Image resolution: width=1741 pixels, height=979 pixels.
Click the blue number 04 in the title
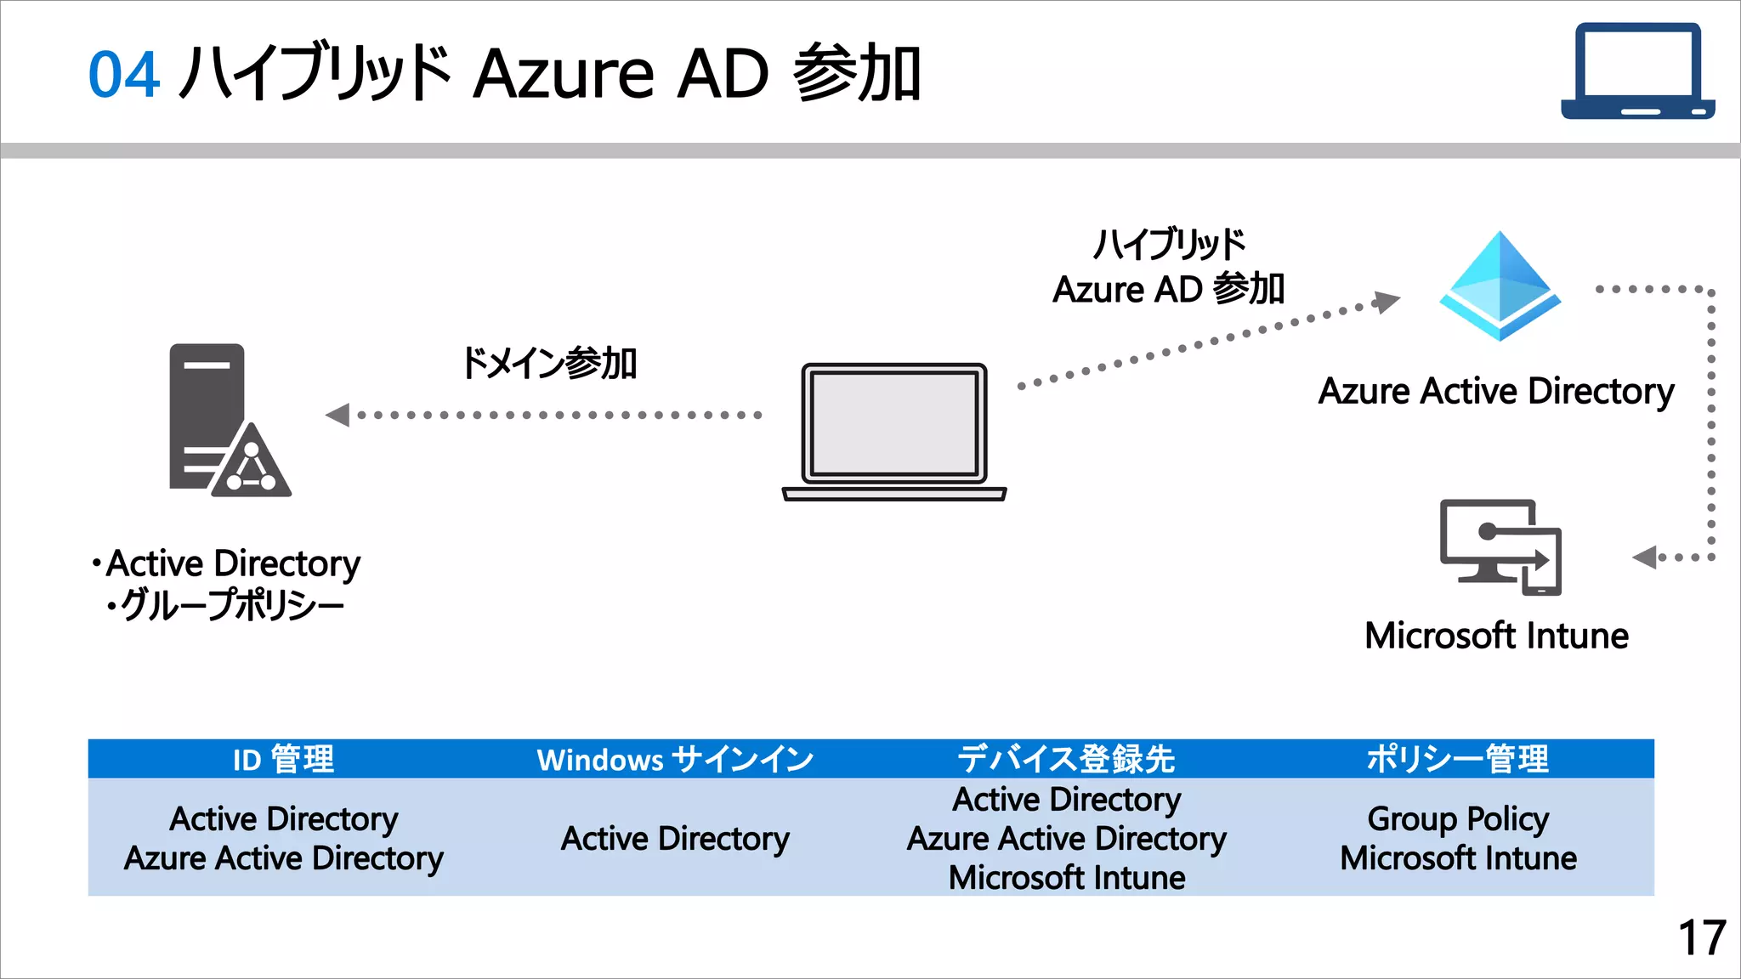click(124, 75)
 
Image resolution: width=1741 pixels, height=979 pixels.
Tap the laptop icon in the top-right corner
click(1637, 71)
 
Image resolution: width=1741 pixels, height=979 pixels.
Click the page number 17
click(1701, 938)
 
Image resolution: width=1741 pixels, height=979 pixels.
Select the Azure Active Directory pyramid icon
click(1500, 286)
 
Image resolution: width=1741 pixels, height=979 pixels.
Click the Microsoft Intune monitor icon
click(1500, 547)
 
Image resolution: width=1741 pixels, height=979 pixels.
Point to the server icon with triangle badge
click(228, 421)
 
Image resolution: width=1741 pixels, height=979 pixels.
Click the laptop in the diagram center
click(894, 432)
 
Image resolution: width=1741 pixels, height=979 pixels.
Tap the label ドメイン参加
click(548, 363)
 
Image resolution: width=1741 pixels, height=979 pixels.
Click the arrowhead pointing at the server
click(338, 415)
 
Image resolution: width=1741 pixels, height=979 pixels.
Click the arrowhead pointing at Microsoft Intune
click(1645, 557)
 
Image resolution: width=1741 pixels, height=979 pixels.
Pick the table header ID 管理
click(283, 759)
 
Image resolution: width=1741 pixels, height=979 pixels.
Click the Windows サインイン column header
click(675, 759)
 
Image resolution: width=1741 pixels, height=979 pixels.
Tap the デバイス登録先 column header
click(1066, 759)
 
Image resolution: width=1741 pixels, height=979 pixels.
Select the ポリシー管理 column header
click(1457, 759)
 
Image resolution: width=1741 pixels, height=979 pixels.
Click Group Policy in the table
click(1458, 819)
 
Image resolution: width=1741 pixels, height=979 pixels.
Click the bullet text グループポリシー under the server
click(231, 605)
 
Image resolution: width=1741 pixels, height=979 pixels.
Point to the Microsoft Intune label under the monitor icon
click(1496, 636)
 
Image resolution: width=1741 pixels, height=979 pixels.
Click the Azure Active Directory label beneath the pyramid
click(1496, 391)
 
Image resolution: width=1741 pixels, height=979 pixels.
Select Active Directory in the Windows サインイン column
click(675, 839)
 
